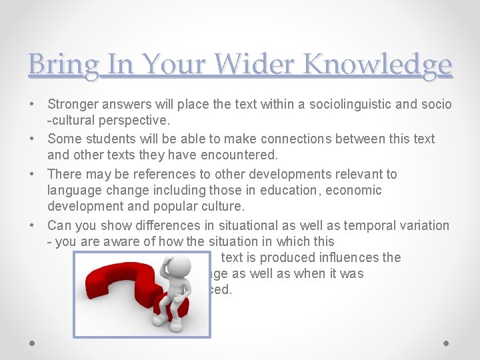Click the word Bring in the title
(x=64, y=65)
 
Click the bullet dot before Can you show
(x=33, y=225)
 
